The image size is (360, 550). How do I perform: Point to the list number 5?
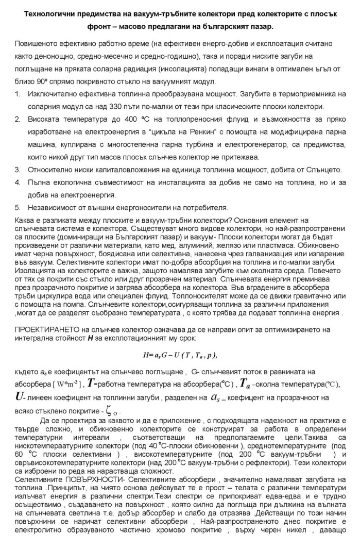click(17, 208)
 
